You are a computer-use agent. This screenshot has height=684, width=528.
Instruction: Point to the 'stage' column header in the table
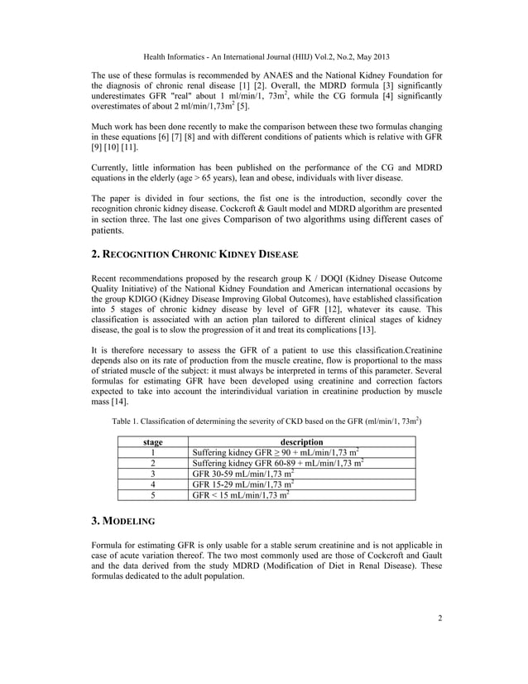pyautogui.click(x=152, y=441)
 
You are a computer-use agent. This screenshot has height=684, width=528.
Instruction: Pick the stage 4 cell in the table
pyautogui.click(x=152, y=484)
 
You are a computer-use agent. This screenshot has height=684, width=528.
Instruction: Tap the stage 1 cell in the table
pyautogui.click(x=152, y=452)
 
